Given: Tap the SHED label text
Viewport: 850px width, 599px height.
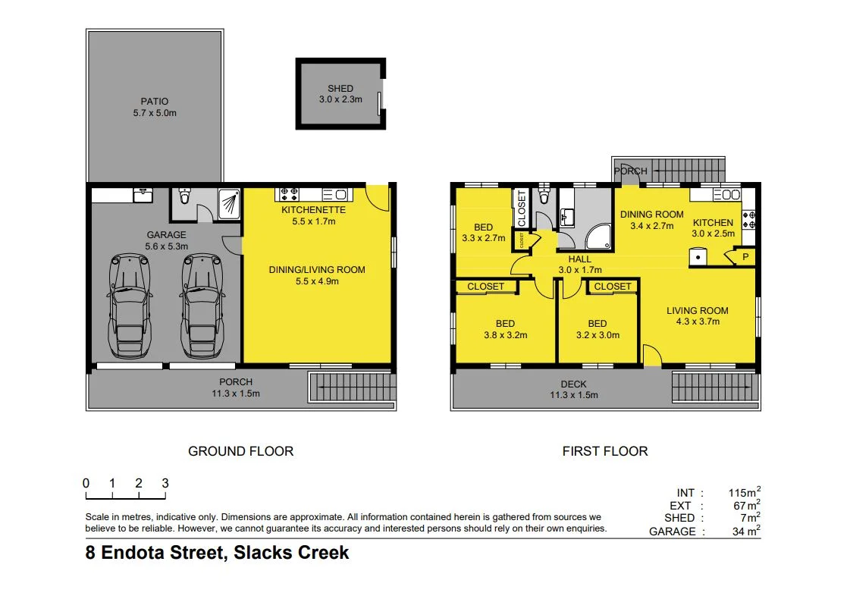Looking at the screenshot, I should [340, 89].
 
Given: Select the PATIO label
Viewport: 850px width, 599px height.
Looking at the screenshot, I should [155, 101].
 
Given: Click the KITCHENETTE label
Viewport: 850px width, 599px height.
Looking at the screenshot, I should [313, 209].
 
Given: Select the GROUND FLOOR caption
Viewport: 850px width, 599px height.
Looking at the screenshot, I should [240, 451].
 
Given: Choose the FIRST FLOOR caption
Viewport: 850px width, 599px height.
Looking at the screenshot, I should [604, 451].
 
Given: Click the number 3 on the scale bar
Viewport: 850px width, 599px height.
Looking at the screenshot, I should [165, 483].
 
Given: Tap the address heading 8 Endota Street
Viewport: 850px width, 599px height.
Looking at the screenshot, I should [217, 553].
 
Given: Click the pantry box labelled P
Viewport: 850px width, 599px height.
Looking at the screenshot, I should [745, 257].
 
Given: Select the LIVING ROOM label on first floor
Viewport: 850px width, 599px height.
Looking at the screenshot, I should [697, 310].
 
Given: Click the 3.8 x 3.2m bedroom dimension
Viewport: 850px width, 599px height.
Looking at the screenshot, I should [505, 335].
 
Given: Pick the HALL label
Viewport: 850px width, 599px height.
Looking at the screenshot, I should [579, 259].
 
